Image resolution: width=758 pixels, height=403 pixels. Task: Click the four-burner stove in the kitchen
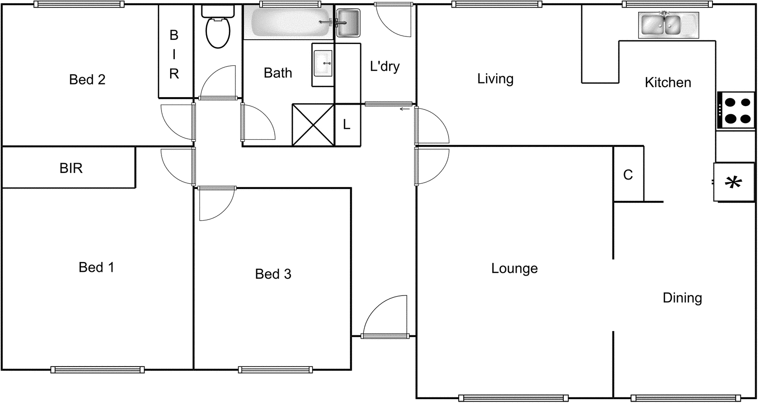[736, 110]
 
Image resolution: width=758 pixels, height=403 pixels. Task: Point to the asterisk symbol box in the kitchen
[734, 182]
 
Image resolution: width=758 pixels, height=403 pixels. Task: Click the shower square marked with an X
[313, 125]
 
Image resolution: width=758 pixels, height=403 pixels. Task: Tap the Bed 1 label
[96, 268]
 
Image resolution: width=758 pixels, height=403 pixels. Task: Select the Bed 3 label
[273, 274]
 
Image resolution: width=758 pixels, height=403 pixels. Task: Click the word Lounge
[514, 269]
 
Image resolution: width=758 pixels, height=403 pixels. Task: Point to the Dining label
[682, 298]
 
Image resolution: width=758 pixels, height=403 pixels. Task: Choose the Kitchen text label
[668, 83]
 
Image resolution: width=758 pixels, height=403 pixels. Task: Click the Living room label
[495, 79]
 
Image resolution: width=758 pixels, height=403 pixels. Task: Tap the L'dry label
[385, 67]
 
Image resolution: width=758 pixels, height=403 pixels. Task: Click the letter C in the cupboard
[628, 175]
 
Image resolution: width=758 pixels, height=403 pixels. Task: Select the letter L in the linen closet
[347, 125]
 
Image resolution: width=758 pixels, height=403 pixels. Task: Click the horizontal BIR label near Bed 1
[71, 168]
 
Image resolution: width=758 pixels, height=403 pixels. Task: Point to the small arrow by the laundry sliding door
[404, 109]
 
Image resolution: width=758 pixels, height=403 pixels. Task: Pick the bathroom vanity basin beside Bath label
[323, 63]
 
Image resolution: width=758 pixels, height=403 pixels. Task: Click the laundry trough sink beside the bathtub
[348, 23]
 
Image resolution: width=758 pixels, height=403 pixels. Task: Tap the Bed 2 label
[87, 80]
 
